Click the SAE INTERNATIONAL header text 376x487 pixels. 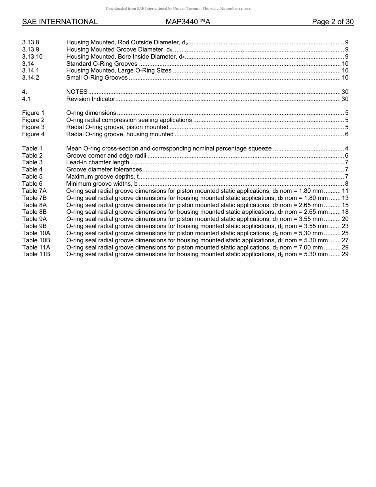[60, 22]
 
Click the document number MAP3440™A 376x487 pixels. [188, 22]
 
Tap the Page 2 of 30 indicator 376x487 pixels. [332, 22]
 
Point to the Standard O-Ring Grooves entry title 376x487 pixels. [102, 64]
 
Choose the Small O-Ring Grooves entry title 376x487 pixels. [97, 78]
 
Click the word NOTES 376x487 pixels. [77, 92]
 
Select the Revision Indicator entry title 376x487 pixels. [91, 99]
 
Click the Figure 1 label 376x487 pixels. [33, 113]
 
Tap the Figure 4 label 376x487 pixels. [33, 134]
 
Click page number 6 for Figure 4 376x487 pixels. [346, 134]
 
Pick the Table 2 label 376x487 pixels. [32, 156]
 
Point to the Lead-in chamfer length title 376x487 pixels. [97, 162]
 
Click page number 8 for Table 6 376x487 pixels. [346, 184]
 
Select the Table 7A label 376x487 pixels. [34, 191]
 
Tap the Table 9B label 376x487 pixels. [34, 226]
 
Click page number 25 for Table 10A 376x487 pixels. [345, 233]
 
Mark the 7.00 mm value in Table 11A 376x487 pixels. [311, 247]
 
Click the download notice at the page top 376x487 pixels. [179, 9]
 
